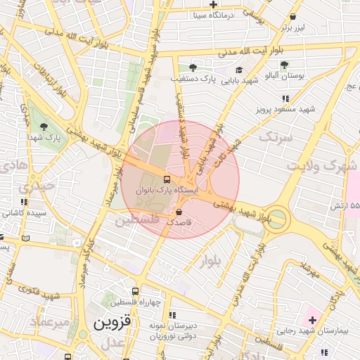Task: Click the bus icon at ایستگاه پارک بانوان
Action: coord(167,179)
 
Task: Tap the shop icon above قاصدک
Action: coord(178,212)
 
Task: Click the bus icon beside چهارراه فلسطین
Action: coord(135,291)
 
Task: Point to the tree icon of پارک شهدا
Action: coord(45,127)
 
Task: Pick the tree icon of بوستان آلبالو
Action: coord(284,65)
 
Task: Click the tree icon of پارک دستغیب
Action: coord(192,68)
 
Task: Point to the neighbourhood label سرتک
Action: coord(274,136)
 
